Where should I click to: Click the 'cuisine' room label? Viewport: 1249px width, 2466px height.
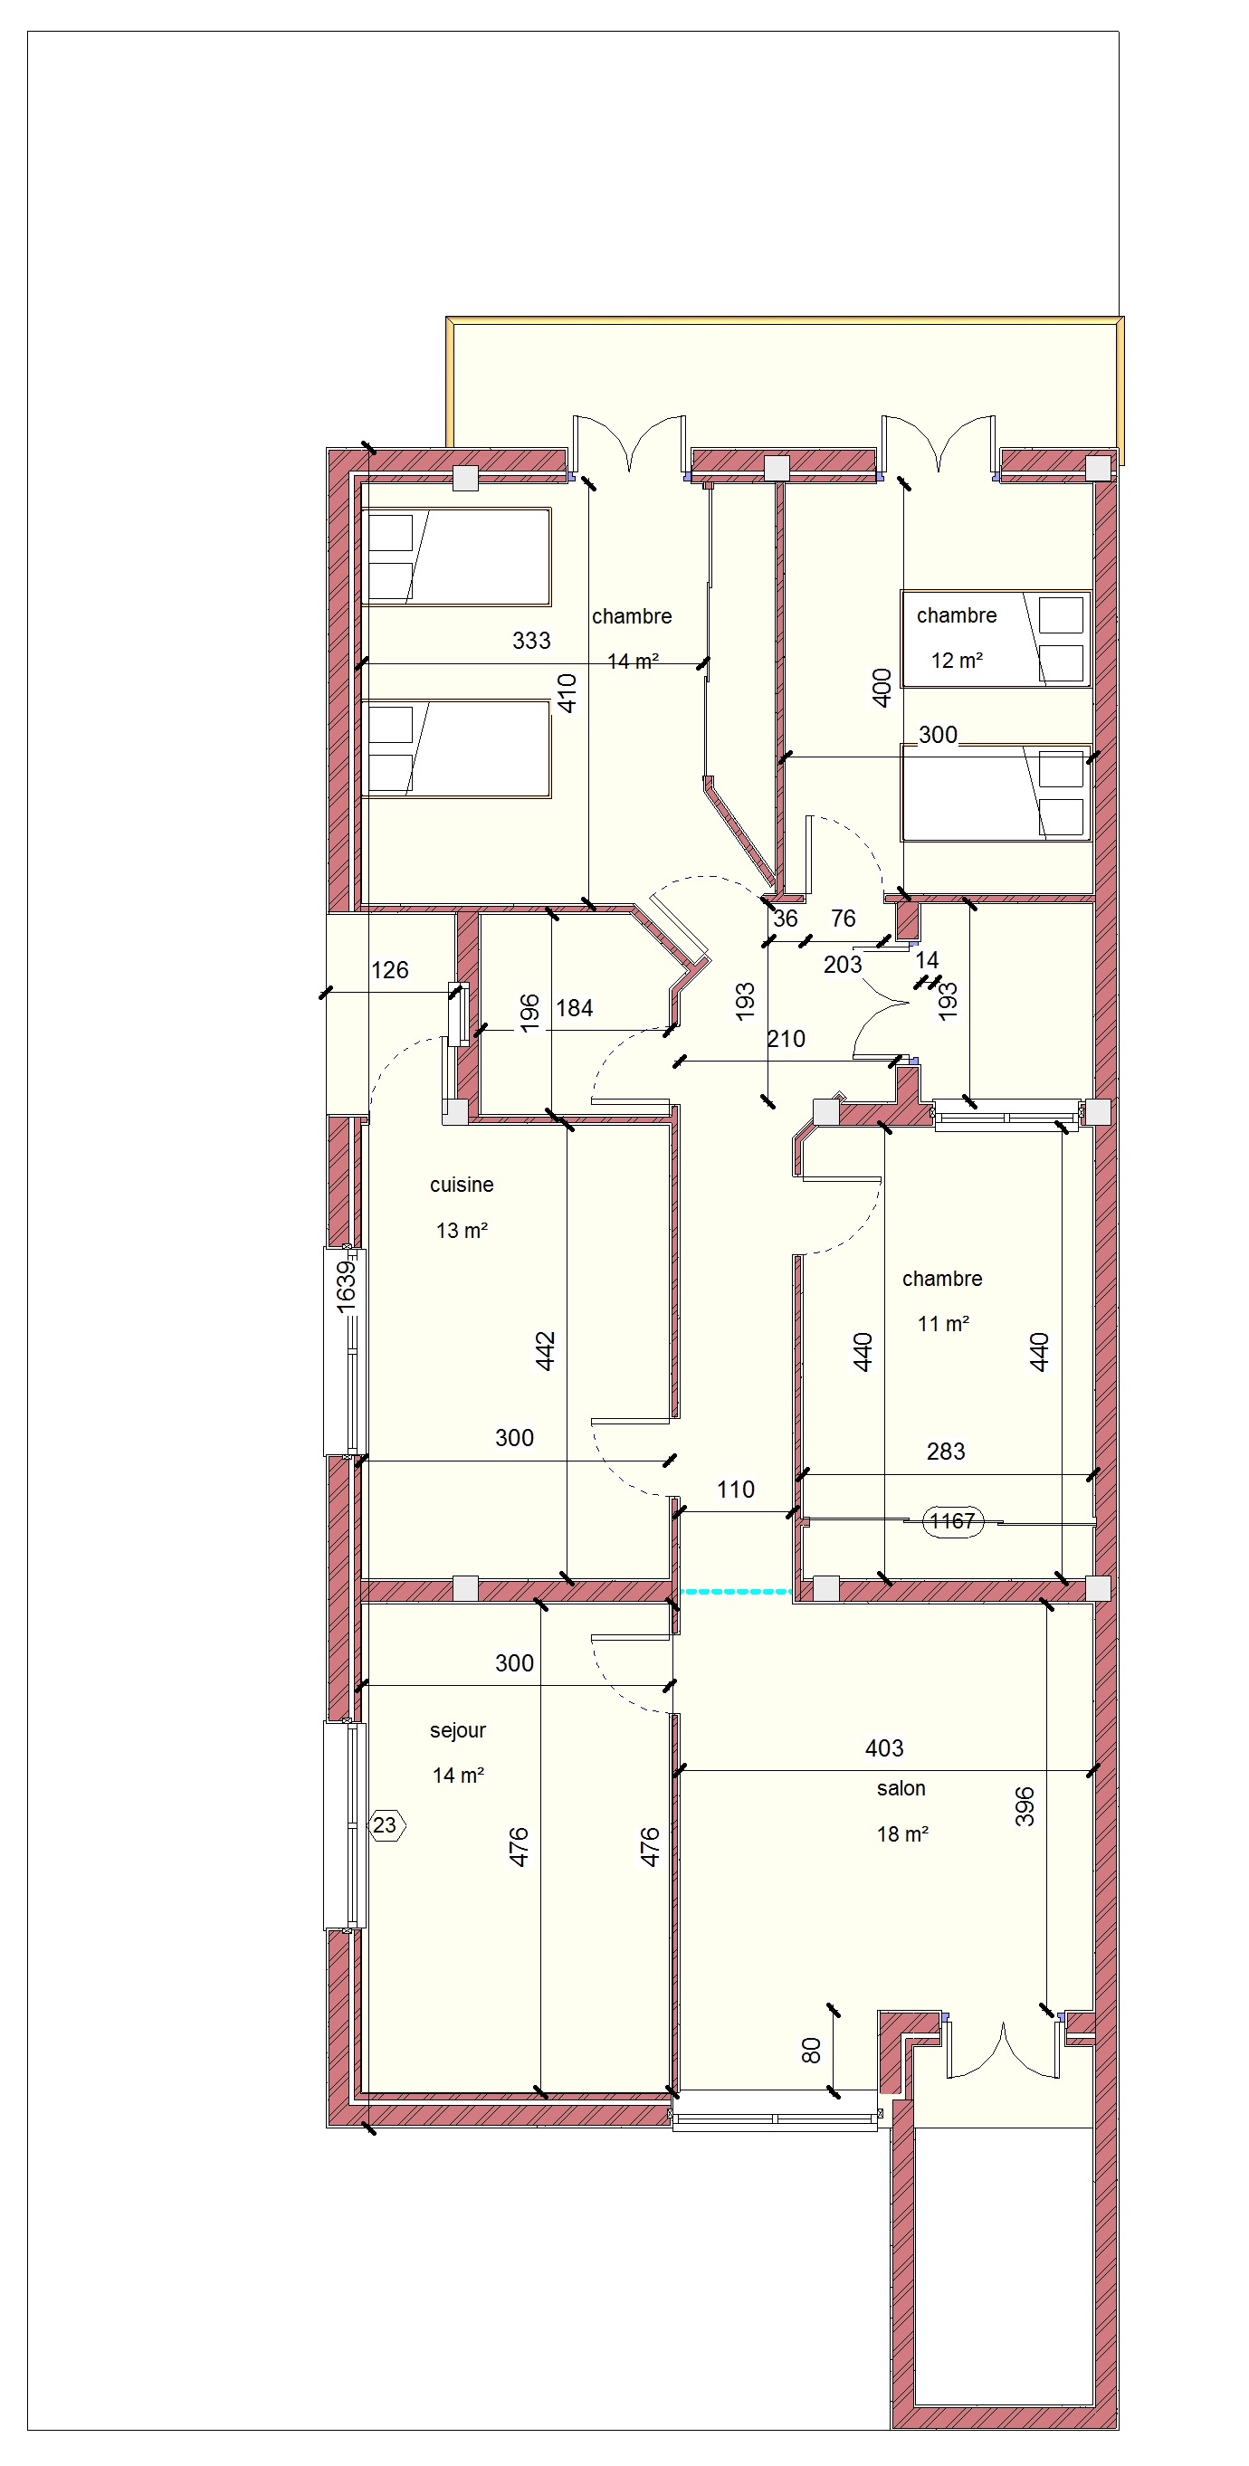[x=462, y=1185]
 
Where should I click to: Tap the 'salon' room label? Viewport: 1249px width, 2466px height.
[x=901, y=1788]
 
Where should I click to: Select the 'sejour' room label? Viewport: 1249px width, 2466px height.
[x=457, y=1731]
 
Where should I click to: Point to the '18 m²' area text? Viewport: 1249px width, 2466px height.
[x=902, y=1834]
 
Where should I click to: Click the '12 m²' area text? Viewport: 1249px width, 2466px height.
[x=957, y=661]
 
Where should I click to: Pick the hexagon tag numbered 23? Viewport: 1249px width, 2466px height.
[x=386, y=1825]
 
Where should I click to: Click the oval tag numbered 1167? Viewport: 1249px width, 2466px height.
[x=952, y=1521]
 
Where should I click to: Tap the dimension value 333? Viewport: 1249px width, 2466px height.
[x=531, y=641]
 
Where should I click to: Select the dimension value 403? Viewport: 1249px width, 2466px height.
[x=883, y=1749]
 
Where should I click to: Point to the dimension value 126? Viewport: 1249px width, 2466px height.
[x=389, y=971]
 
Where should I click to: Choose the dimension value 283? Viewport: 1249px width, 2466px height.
[x=946, y=1452]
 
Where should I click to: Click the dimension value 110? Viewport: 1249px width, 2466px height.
[x=735, y=1490]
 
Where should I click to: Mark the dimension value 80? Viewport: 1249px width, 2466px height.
[x=811, y=2050]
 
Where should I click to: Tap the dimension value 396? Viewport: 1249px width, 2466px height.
[x=1024, y=1806]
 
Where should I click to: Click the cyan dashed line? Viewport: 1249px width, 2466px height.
[x=736, y=1592]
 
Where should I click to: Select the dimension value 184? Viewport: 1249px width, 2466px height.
[x=574, y=1008]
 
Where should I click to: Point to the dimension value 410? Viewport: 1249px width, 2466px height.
[x=567, y=693]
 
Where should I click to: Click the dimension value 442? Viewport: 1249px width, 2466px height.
[x=545, y=1351]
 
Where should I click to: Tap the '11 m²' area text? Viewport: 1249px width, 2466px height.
[x=944, y=1324]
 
